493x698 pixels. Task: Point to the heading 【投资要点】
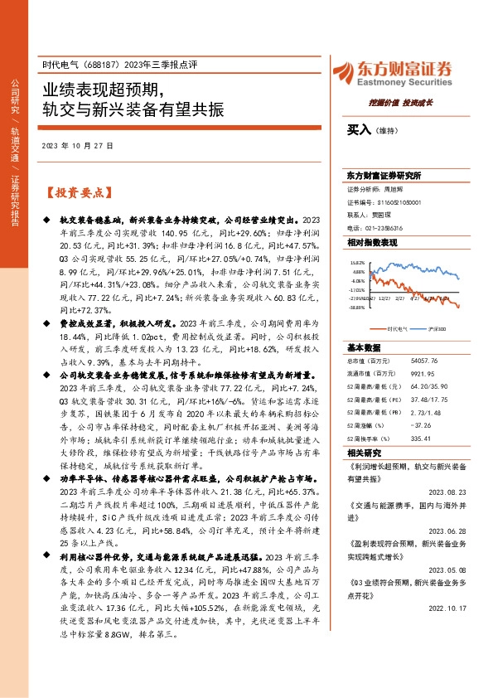point(77,192)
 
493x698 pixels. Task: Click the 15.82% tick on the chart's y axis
point(359,261)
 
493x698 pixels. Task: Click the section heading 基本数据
point(364,347)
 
